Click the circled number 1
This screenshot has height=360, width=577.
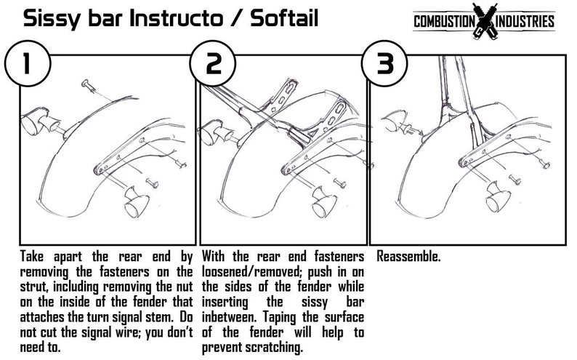point(27,63)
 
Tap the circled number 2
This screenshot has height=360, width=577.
point(213,63)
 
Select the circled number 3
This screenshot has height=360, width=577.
point(384,63)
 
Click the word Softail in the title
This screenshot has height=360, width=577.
point(284,18)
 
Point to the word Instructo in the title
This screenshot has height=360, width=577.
point(176,18)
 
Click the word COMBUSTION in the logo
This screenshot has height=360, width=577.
point(445,21)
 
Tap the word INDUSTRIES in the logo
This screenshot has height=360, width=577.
point(525,21)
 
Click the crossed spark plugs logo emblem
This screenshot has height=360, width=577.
point(485,21)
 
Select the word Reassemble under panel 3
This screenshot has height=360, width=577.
point(408,257)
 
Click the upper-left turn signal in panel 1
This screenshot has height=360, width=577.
point(41,121)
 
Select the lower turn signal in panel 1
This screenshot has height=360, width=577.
point(136,201)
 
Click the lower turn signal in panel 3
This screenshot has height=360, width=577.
point(498,197)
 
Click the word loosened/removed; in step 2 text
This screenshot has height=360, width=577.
point(251,272)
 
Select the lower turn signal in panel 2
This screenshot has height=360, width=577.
point(324,201)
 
